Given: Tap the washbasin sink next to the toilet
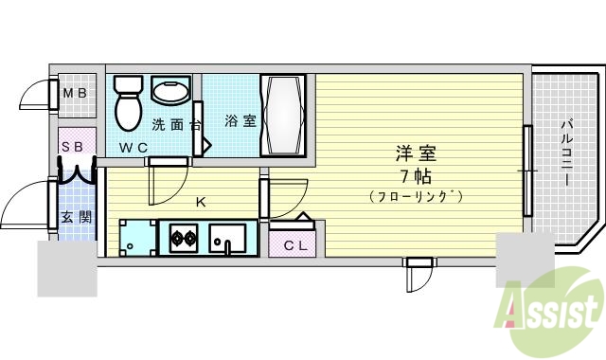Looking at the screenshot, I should click(x=170, y=92).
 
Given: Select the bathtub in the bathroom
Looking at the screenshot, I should click(x=283, y=117).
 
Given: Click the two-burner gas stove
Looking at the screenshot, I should click(x=183, y=237).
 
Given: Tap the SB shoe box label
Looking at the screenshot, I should click(x=72, y=146).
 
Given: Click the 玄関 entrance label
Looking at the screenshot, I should click(x=77, y=217).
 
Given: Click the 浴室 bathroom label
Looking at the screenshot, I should click(x=240, y=121).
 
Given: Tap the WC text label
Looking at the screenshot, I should click(x=133, y=147).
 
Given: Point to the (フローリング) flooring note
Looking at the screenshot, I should click(x=416, y=196).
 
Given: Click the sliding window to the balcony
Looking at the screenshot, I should click(x=527, y=171).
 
